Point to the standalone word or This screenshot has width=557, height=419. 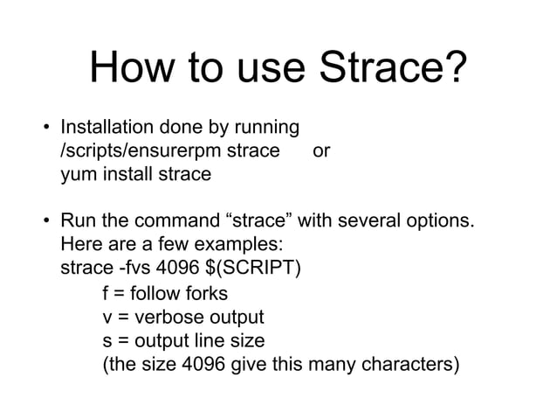point(320,150)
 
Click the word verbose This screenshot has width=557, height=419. point(171,316)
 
